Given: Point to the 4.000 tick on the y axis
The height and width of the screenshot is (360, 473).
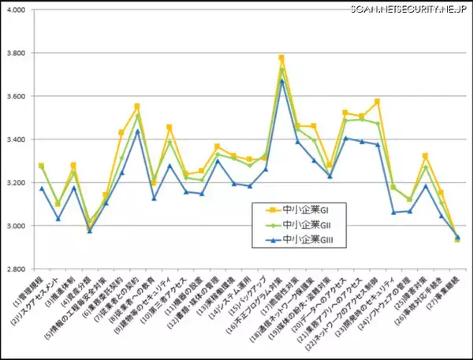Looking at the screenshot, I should point(17,10).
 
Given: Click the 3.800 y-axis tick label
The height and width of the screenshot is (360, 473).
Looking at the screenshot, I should point(17,54).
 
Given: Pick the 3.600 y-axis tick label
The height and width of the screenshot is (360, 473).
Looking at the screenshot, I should point(17,97).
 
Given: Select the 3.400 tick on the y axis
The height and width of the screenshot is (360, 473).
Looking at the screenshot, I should point(17,140).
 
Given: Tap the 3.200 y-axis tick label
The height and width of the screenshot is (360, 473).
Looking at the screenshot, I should point(17,184).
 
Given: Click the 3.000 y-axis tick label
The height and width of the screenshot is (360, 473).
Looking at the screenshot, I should point(17,227).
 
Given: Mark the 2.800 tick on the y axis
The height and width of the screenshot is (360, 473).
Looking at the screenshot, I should point(17,269).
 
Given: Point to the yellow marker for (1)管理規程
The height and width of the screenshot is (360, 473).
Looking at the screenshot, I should point(41,165).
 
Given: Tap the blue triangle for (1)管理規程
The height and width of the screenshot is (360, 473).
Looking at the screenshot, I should point(41,188).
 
